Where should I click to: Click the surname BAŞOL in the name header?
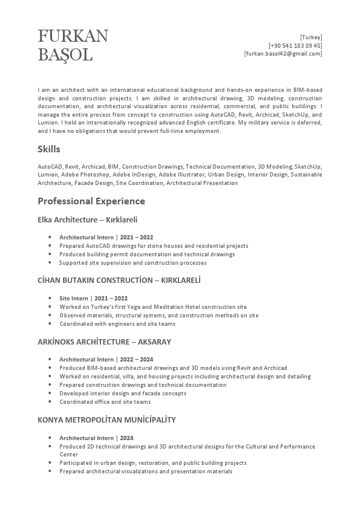65,55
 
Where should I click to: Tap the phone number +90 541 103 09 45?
295,45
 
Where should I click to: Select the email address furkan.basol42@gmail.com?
283,54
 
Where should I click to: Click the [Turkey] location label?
311,37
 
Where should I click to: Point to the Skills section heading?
49,149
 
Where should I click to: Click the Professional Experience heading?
91,201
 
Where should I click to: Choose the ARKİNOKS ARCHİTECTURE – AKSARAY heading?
104,342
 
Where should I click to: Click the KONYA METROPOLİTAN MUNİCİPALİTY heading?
106,420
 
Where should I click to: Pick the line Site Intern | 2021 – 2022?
93,298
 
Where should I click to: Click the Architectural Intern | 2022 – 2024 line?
106,359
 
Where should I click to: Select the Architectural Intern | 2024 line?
96,438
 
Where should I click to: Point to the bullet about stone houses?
154,246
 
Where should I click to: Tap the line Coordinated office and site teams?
105,402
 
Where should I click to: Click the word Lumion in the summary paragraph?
48,123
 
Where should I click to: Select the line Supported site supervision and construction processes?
133,263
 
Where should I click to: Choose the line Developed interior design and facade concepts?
123,394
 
